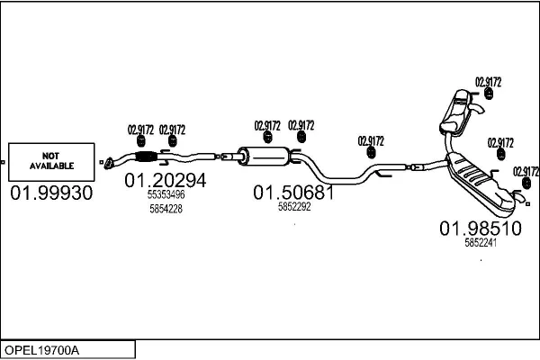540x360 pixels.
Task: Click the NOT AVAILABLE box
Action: click(x=51, y=162)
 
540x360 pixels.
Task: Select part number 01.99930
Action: click(x=51, y=193)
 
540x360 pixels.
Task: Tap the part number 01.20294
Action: click(x=166, y=180)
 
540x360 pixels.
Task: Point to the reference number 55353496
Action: click(x=166, y=194)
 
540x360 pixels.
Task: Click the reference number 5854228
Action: click(x=166, y=209)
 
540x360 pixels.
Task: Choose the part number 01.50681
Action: click(x=293, y=193)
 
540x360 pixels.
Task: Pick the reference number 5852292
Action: click(x=294, y=207)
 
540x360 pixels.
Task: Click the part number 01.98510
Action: click(x=481, y=229)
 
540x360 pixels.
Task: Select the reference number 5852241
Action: click(x=481, y=243)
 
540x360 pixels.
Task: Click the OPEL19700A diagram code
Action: click(x=41, y=350)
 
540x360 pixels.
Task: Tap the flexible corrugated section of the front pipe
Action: click(x=146, y=157)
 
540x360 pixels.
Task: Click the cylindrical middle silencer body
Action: click(x=265, y=157)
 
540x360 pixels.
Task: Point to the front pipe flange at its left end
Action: click(x=109, y=164)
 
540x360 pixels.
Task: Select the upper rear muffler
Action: click(x=455, y=112)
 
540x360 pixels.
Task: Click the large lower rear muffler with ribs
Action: click(x=481, y=184)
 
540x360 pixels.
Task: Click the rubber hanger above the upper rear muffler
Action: click(x=489, y=94)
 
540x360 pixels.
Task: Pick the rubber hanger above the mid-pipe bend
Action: click(x=371, y=152)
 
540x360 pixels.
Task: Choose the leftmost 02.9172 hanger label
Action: click(x=140, y=130)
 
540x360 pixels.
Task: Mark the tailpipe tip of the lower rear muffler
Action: click(x=520, y=197)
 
